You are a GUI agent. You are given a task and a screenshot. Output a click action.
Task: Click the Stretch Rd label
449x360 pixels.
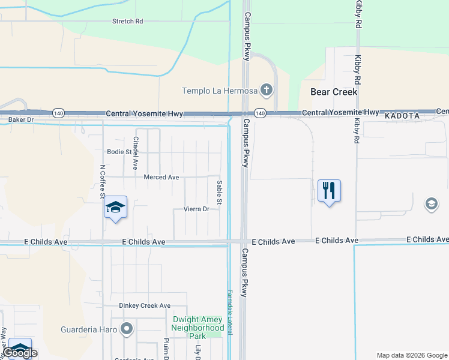pyautogui.click(x=128, y=21)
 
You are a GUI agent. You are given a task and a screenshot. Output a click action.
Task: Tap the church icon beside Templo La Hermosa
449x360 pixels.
pyautogui.click(x=267, y=91)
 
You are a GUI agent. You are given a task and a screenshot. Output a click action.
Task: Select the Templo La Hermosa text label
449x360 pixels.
pyautogui.click(x=220, y=91)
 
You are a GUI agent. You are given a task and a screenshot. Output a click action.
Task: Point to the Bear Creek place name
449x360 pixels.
pyautogui.click(x=334, y=92)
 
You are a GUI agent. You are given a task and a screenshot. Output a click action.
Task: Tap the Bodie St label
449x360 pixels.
pyautogui.click(x=119, y=152)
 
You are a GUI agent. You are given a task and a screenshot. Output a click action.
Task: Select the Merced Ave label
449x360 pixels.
pyautogui.click(x=161, y=177)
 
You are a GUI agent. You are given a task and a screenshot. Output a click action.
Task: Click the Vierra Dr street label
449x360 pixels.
pyautogui.click(x=196, y=209)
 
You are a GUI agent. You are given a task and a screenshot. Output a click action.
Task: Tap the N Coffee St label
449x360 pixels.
pyautogui.click(x=103, y=182)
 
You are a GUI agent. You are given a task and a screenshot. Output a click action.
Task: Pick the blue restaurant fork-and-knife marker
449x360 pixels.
pyautogui.click(x=329, y=191)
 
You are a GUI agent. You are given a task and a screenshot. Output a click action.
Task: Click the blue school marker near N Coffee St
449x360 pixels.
pyautogui.click(x=115, y=208)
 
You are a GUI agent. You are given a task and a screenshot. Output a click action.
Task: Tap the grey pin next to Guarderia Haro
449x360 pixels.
pyautogui.click(x=126, y=329)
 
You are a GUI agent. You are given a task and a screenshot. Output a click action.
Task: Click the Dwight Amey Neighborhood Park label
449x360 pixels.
pyautogui.click(x=197, y=328)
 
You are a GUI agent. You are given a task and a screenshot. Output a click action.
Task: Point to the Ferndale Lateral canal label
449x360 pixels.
pyautogui.click(x=229, y=311)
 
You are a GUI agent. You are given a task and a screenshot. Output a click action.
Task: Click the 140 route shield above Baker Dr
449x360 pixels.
pyautogui.click(x=58, y=113)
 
